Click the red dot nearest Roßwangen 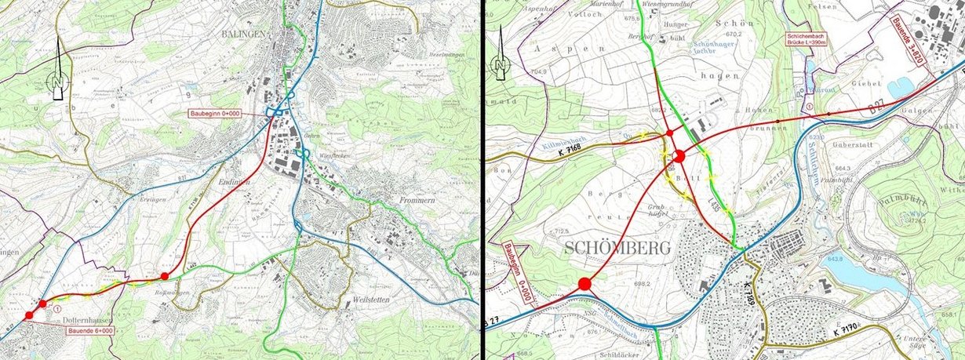coord(164,276)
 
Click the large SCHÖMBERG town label coord(616,249)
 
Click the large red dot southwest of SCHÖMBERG coord(584,285)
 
